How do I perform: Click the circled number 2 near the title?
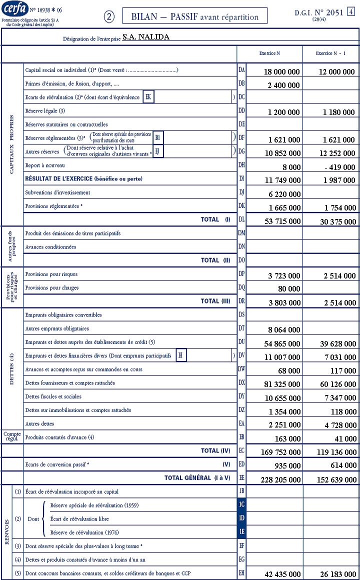click(x=109, y=16)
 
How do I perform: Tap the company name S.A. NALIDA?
click(x=145, y=37)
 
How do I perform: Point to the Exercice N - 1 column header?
click(x=330, y=53)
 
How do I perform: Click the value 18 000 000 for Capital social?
click(x=281, y=72)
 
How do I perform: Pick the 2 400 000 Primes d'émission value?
click(x=283, y=85)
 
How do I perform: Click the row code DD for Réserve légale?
click(x=241, y=110)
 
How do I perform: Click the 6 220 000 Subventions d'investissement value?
click(x=283, y=194)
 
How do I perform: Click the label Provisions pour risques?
click(x=51, y=274)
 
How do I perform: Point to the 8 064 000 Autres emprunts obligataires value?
click(x=283, y=330)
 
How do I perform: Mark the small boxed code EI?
click(x=181, y=355)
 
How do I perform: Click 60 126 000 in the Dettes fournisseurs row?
click(x=337, y=384)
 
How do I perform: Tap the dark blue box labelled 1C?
click(x=242, y=505)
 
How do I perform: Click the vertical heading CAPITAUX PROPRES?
click(x=12, y=145)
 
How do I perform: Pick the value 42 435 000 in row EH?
click(x=281, y=574)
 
